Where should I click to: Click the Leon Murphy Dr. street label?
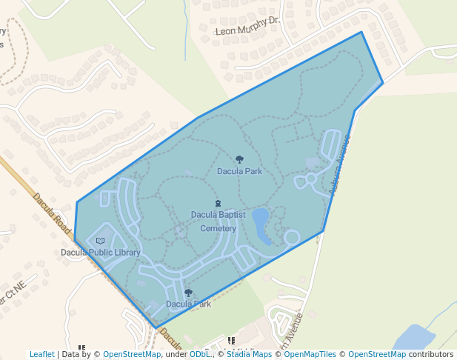tap(247, 27)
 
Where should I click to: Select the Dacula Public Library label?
tap(101, 253)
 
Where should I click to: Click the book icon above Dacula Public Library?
tap(101, 241)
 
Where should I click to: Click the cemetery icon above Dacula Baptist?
tap(218, 204)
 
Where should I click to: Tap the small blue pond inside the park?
tap(261, 220)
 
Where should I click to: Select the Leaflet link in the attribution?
tap(41, 355)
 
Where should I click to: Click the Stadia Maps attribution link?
tap(249, 355)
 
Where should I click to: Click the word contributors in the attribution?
tap(431, 355)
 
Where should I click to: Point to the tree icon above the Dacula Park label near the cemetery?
tap(239, 159)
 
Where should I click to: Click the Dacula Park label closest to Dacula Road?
tap(188, 304)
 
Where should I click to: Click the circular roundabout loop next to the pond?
tap(292, 237)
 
